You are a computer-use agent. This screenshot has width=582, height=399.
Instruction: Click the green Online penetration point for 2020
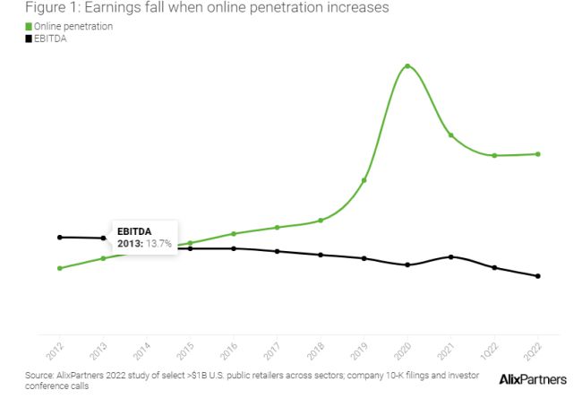coord(407,66)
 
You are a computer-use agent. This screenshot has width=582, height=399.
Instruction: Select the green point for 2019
coord(364,180)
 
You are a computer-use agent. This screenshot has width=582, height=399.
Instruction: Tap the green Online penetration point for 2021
coord(450,135)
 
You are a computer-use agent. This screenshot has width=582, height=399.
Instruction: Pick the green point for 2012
coord(59,268)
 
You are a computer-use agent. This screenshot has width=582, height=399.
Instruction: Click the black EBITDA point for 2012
coord(59,237)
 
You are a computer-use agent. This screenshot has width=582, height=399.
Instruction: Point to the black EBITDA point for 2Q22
coord(538,276)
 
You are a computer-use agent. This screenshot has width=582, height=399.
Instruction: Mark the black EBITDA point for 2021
coord(450,256)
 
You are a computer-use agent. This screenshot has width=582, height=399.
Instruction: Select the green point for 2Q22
coord(538,153)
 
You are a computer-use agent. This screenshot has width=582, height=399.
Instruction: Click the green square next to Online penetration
coord(28,27)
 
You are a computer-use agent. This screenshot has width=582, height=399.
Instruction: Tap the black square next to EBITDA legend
coord(28,39)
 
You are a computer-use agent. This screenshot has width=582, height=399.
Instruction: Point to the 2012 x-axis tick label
coord(55,350)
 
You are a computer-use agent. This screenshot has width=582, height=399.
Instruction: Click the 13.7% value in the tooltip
coord(158,244)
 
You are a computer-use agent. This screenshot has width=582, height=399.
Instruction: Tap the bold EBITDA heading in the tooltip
coord(134,231)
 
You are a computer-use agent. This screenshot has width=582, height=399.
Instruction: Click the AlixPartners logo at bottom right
coord(532,380)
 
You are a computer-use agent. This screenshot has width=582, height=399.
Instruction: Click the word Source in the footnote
coord(41,375)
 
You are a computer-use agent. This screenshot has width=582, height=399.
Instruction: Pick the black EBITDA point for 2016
coord(233,248)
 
